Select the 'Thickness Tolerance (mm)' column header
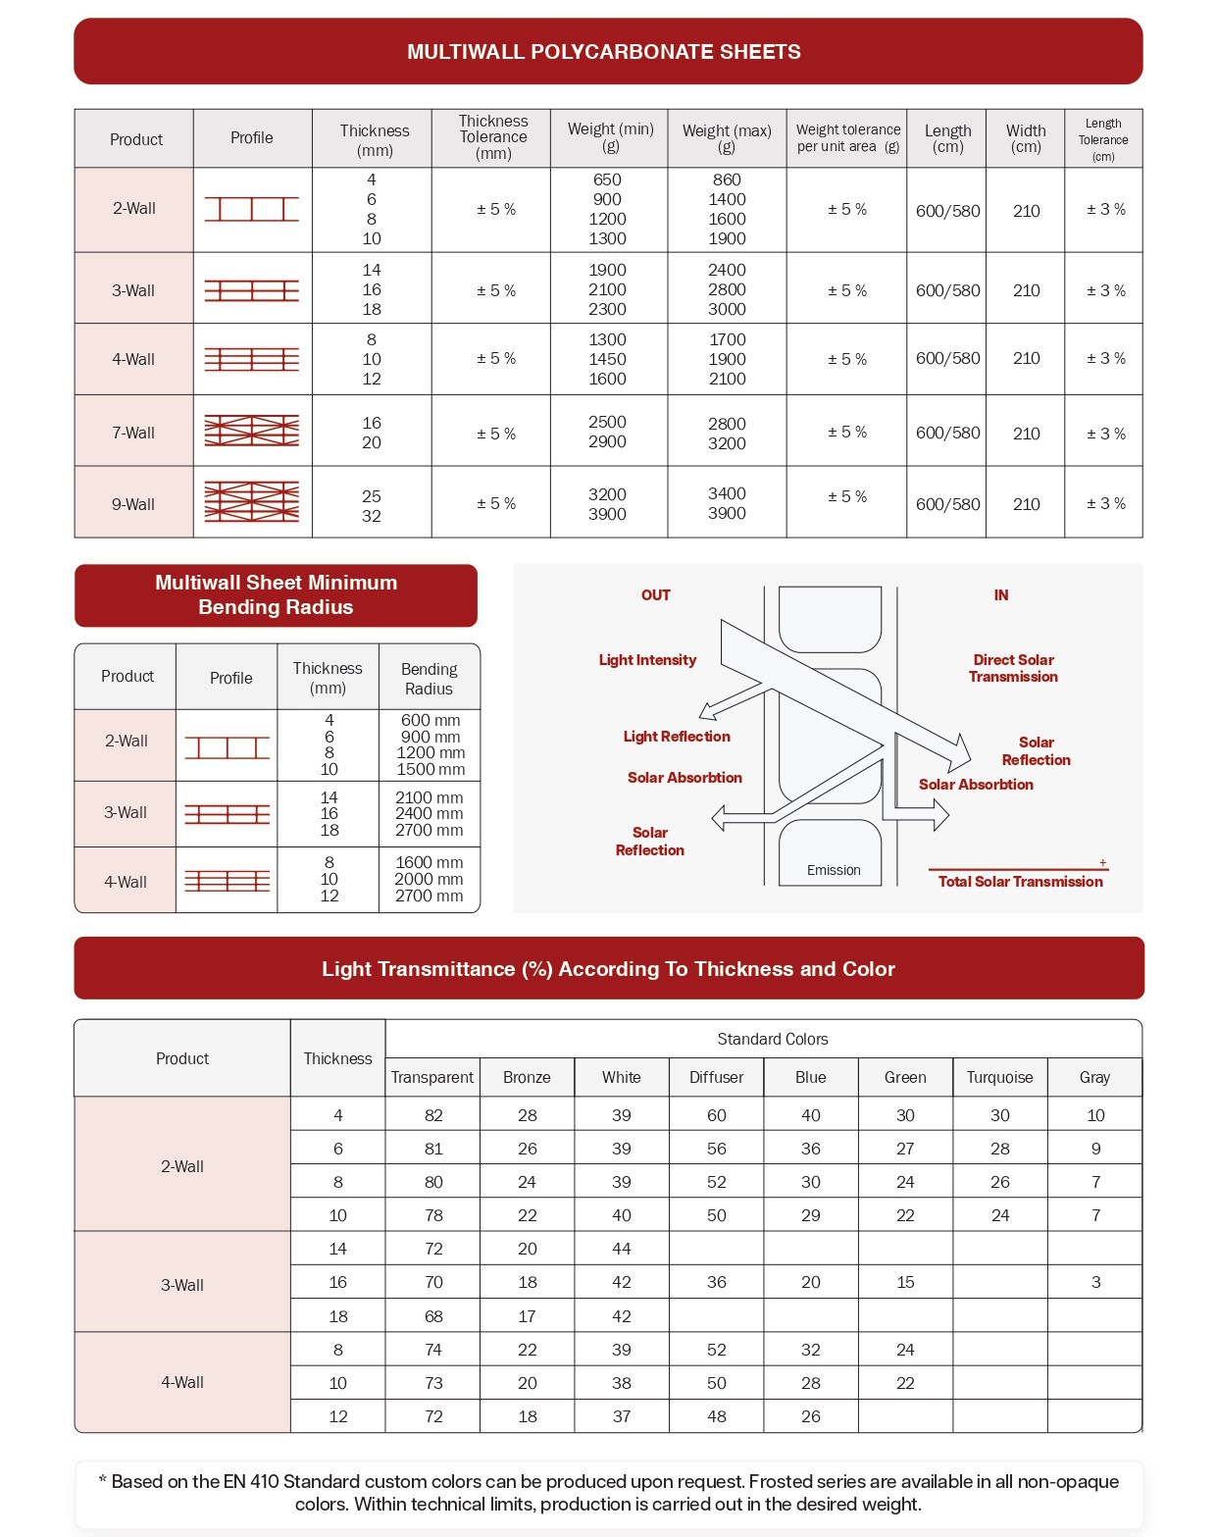493,137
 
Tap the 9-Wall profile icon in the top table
252,502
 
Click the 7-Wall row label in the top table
133,433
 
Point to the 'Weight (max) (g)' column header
727,138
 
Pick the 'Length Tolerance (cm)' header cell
1103,139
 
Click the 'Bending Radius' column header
429,678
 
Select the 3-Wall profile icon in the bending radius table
227,814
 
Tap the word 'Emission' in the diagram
834,870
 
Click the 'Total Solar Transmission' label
1020,882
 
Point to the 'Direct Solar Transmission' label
1013,668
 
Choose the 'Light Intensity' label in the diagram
647,660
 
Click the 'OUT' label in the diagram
656,595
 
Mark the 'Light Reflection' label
677,737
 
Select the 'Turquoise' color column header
999,1077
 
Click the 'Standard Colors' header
773,1039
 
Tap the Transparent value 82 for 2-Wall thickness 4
433,1115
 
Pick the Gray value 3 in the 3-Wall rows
1095,1282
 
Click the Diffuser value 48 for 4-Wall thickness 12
717,1416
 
